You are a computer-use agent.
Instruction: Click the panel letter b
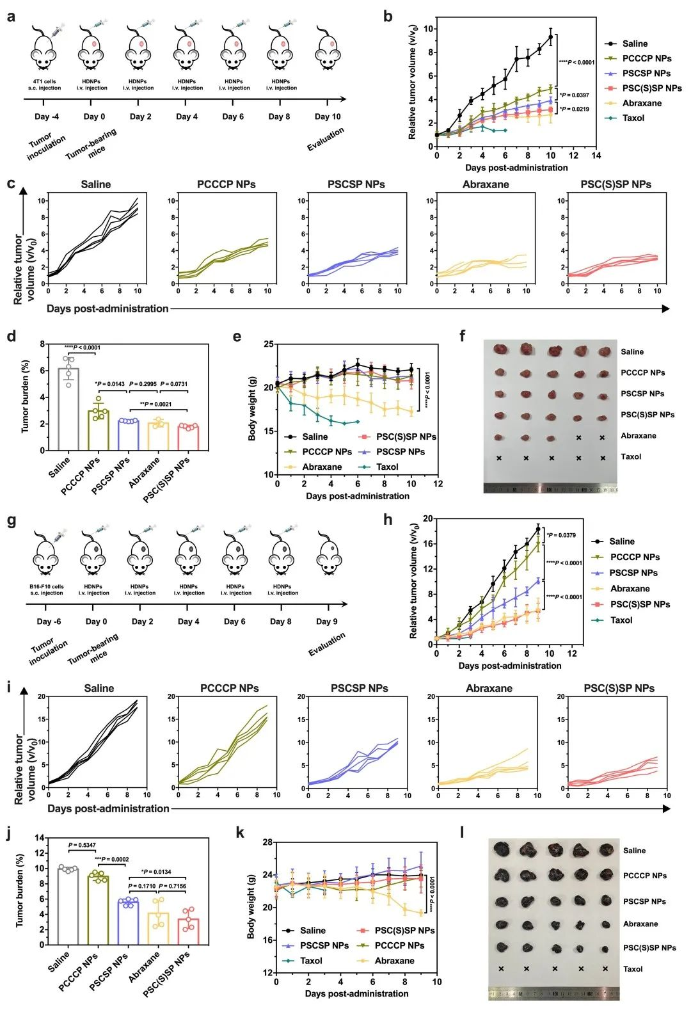pyautogui.click(x=388, y=17)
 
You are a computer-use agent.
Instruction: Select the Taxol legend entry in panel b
pyautogui.click(x=633, y=118)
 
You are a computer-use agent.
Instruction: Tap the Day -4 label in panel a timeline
pyautogui.click(x=47, y=116)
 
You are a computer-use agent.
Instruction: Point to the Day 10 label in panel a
pyautogui.click(x=328, y=116)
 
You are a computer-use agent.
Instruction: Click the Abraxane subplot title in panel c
pyautogui.click(x=486, y=184)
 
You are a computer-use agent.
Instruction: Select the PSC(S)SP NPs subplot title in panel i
pyautogui.click(x=619, y=688)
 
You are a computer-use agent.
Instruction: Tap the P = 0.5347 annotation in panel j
pyautogui.click(x=82, y=846)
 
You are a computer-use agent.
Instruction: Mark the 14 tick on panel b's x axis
pyautogui.click(x=596, y=156)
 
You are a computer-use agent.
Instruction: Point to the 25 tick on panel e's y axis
pyautogui.click(x=268, y=344)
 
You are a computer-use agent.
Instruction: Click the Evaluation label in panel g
pyautogui.click(x=326, y=644)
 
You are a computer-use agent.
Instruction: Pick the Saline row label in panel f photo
pyautogui.click(x=632, y=351)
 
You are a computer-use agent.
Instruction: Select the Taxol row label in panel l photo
pyautogui.click(x=633, y=969)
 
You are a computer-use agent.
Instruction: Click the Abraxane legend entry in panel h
pyautogui.click(x=630, y=589)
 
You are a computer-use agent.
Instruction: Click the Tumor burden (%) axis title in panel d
pyautogui.click(x=25, y=397)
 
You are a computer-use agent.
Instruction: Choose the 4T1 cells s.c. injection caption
pyautogui.click(x=45, y=84)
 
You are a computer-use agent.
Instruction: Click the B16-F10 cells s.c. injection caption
pyautogui.click(x=47, y=590)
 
